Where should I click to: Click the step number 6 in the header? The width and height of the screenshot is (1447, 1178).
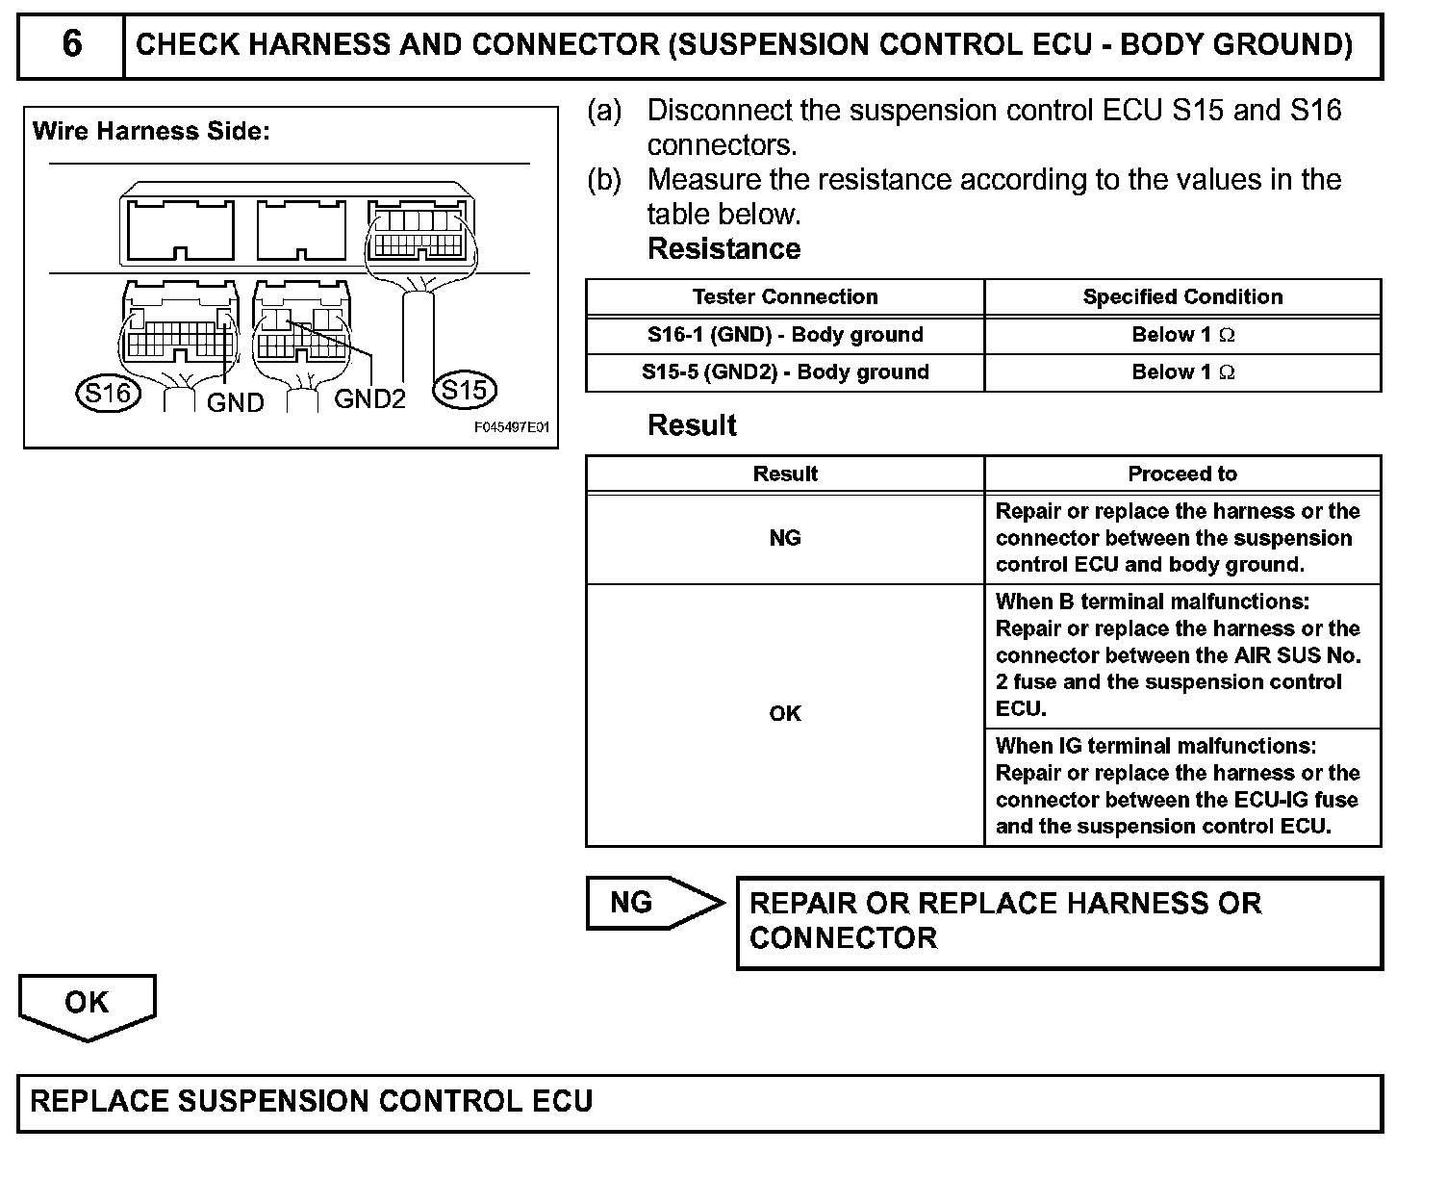coord(71,44)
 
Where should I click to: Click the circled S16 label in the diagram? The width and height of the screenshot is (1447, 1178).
coord(106,393)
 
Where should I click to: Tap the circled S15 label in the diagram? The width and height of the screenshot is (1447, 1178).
coord(465,390)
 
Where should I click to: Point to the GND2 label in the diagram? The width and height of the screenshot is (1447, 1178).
coord(369,398)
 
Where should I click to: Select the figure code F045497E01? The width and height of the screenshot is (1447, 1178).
coord(511,427)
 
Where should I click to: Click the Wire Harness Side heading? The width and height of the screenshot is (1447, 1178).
coord(151,132)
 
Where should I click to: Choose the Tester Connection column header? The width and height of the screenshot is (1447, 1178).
coord(785,297)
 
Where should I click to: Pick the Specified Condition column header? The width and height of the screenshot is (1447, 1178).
coord(1182,297)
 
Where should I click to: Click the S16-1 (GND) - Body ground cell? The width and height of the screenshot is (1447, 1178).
coord(785,335)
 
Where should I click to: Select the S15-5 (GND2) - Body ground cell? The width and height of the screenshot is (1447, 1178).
coord(785,372)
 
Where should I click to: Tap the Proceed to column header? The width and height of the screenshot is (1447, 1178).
coord(1182,474)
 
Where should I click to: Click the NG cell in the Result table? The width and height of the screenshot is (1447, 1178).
coord(785,538)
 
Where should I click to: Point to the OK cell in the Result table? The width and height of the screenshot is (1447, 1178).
coord(785,713)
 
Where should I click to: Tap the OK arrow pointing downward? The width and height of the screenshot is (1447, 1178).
coord(87,1005)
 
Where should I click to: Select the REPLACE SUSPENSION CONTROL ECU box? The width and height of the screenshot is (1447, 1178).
coord(699,1102)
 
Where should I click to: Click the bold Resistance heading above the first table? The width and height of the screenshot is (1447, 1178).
coord(723,249)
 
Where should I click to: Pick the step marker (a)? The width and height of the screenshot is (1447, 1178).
coord(605,111)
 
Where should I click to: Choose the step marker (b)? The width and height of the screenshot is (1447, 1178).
coord(605,180)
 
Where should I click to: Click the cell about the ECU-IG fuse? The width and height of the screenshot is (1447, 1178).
coord(1182,786)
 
